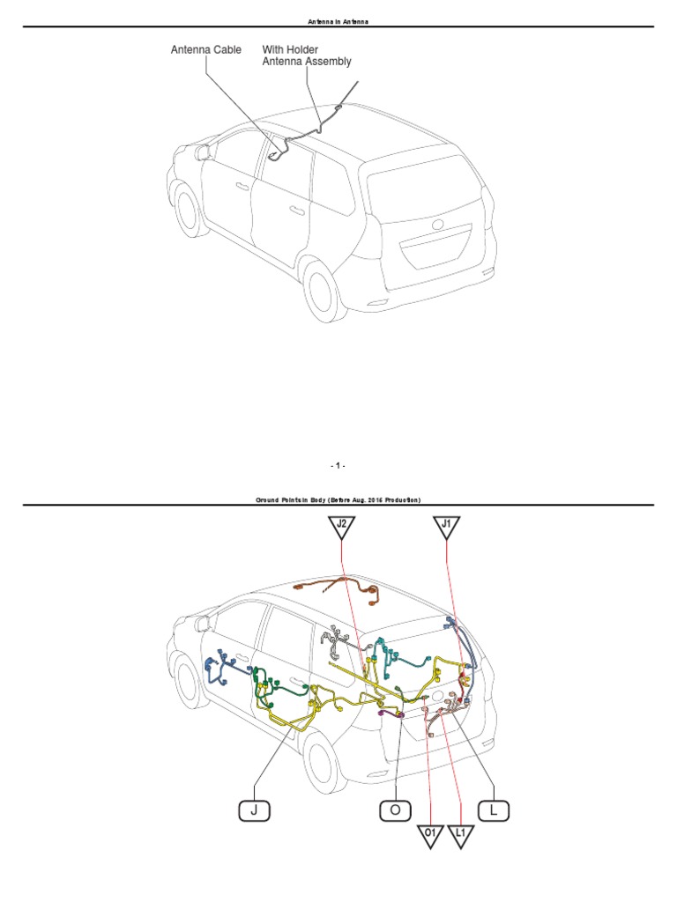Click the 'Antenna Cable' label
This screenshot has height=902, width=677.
click(205, 50)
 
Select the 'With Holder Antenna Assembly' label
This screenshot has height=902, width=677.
click(307, 55)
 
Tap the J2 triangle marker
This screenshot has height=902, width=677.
click(342, 528)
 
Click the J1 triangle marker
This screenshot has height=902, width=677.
click(447, 528)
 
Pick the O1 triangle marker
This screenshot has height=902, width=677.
click(430, 834)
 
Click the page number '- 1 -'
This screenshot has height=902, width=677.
click(338, 464)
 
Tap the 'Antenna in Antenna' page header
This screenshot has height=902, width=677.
click(338, 19)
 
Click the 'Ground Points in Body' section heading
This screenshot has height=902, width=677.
click(338, 499)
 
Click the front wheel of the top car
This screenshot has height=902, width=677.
click(187, 210)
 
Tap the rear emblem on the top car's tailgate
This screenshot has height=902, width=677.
click(437, 224)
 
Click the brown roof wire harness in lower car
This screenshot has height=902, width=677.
click(339, 588)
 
